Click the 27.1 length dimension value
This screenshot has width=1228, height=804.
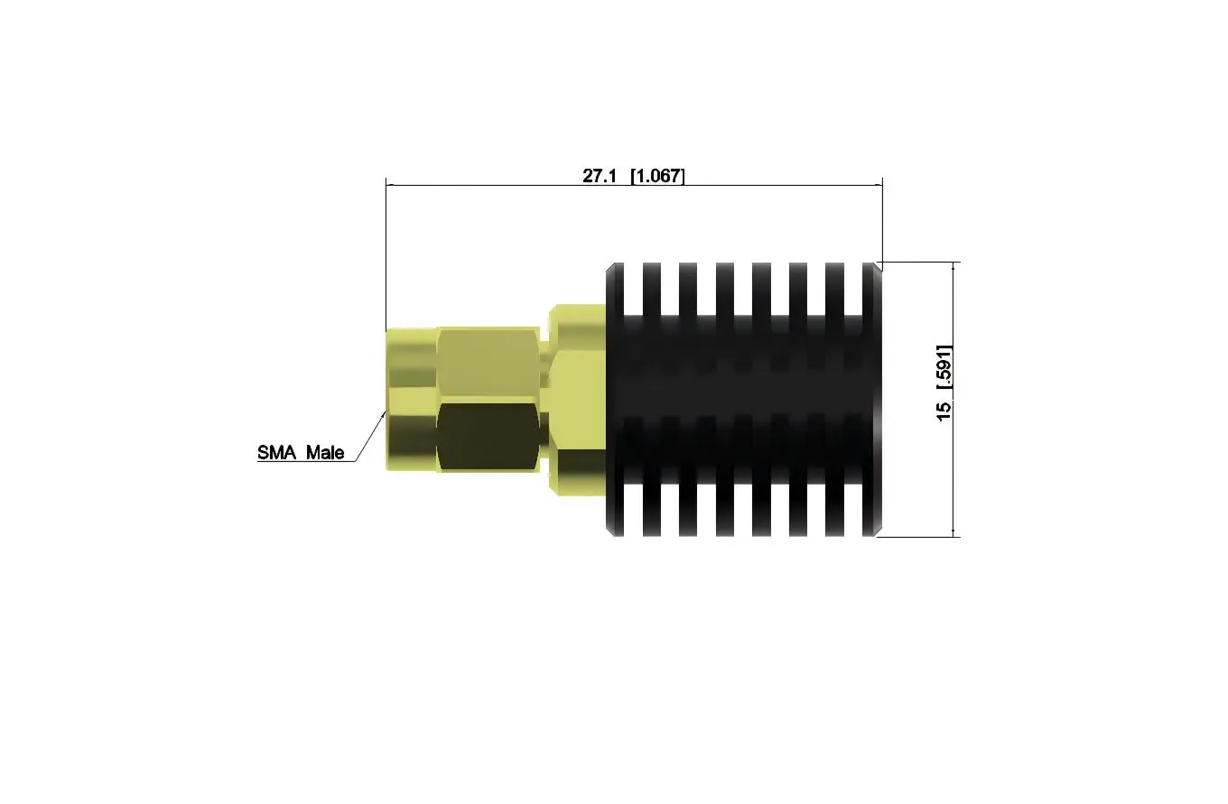[600, 176]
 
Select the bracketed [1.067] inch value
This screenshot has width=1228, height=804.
[657, 176]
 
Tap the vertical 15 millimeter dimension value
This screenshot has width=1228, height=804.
[944, 411]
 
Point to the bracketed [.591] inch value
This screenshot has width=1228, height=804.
[944, 367]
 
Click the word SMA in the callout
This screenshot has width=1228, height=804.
[277, 452]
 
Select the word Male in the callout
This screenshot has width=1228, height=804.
[325, 452]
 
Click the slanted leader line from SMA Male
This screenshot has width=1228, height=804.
[370, 437]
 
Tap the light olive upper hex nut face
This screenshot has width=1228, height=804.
[488, 365]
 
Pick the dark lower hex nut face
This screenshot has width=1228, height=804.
[488, 437]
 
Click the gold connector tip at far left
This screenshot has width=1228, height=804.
[411, 399]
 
